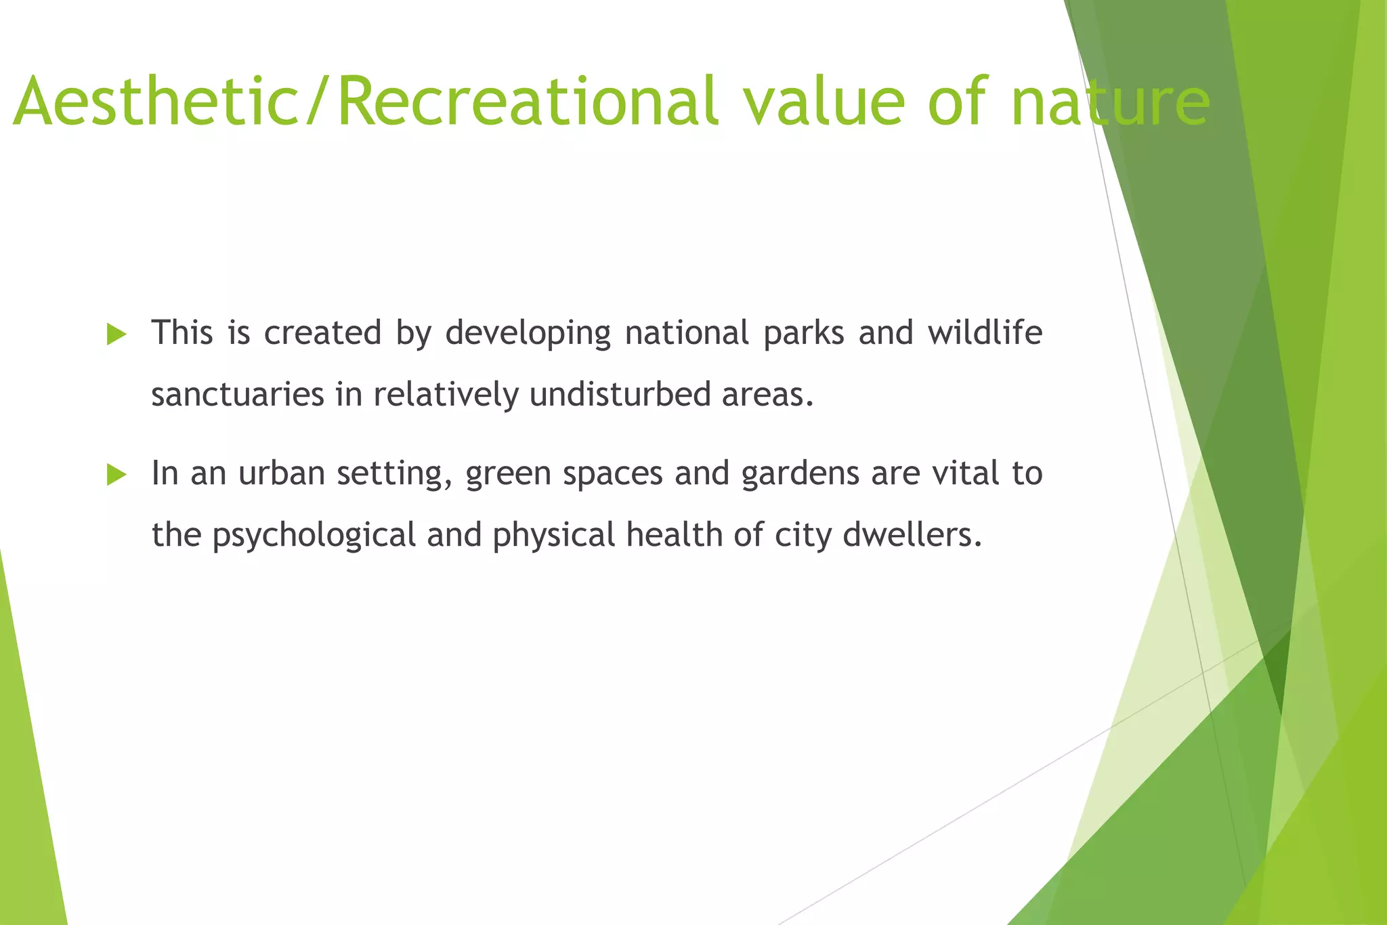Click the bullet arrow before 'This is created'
coord(116,334)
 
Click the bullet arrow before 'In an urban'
coord(116,475)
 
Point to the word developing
coord(528,334)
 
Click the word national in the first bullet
coord(687,332)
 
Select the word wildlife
coord(985,332)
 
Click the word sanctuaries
coord(238,395)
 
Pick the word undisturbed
coord(620,394)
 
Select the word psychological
coord(314,536)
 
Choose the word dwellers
coord(912,535)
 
